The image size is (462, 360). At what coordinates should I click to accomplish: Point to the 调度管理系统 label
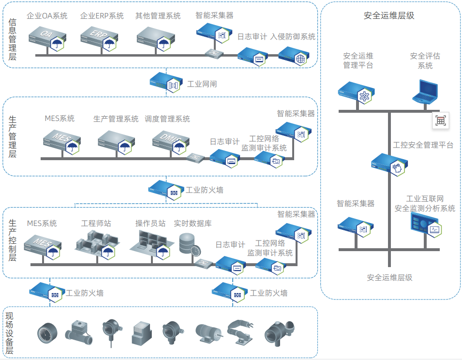[x=167, y=119]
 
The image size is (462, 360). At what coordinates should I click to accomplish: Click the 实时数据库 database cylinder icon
[x=188, y=244]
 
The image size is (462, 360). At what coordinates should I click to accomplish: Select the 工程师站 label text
[x=96, y=224]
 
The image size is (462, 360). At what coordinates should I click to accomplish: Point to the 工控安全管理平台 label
[x=423, y=145]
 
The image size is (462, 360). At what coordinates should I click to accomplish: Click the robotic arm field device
[x=240, y=332]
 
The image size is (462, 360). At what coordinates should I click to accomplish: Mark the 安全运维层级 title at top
[x=389, y=15]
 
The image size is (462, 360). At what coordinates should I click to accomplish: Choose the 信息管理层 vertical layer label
[x=13, y=39]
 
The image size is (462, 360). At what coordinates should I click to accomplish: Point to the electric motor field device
[x=208, y=332]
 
